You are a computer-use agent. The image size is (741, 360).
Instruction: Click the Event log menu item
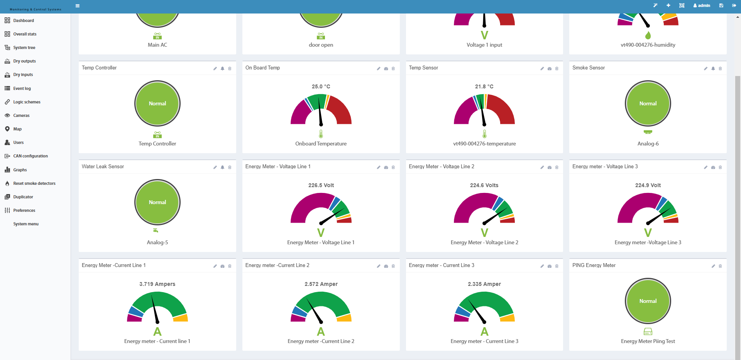click(22, 88)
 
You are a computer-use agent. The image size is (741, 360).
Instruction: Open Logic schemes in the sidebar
click(27, 102)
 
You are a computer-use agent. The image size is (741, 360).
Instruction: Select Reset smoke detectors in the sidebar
click(34, 183)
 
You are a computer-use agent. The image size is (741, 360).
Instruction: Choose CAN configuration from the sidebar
click(30, 156)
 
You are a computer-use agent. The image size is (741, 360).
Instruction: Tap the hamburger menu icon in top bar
click(78, 6)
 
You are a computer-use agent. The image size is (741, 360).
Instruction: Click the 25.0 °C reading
click(321, 86)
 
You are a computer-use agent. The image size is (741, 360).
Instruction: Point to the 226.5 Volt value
click(321, 185)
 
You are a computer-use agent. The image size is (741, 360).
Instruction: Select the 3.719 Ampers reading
click(157, 284)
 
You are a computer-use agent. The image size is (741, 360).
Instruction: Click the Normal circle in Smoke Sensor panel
click(648, 103)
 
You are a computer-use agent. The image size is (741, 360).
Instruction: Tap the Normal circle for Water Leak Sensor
click(157, 202)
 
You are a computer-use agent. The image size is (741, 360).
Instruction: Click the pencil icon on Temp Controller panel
click(215, 69)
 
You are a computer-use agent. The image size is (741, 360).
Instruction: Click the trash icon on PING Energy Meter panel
click(720, 266)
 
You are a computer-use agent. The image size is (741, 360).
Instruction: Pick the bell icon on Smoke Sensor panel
click(713, 69)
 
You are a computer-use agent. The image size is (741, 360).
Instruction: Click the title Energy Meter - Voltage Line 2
click(442, 166)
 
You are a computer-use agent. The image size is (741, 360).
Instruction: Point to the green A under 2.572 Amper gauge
click(321, 331)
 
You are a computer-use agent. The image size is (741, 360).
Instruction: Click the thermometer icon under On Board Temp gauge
click(321, 134)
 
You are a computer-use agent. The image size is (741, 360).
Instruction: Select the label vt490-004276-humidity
click(648, 45)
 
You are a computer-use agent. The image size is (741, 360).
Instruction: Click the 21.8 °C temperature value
click(484, 86)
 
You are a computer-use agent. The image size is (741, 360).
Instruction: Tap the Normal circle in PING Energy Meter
click(648, 301)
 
